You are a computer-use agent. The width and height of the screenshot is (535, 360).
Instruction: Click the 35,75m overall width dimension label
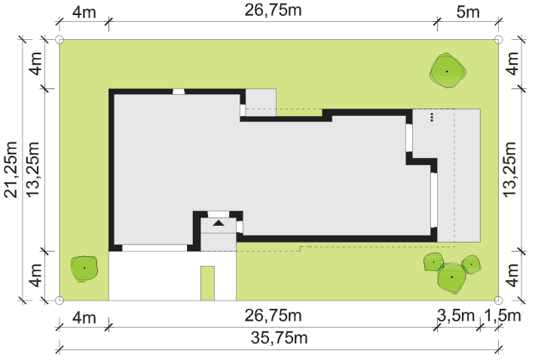[279, 338]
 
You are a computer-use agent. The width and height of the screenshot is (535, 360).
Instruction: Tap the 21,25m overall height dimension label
[11, 169]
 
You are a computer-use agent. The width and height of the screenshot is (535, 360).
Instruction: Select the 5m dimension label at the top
[468, 12]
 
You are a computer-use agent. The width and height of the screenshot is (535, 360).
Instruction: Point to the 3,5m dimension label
[456, 316]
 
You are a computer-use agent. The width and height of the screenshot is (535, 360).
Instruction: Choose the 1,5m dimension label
[503, 316]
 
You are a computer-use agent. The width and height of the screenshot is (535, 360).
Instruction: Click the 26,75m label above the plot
[273, 11]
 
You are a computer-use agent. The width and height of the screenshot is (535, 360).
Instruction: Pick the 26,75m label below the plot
[273, 316]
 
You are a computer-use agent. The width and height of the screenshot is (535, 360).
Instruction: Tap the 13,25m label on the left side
[33, 169]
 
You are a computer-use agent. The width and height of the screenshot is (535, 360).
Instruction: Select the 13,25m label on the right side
[510, 169]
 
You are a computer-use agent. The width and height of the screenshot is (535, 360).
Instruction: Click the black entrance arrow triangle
[219, 223]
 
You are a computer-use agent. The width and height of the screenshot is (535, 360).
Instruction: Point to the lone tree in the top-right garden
[448, 71]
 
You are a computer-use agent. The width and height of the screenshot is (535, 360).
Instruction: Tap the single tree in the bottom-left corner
[84, 269]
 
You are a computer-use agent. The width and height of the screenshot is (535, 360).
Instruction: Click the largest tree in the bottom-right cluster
[452, 278]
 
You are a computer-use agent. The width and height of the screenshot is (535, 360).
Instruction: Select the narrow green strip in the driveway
[207, 283]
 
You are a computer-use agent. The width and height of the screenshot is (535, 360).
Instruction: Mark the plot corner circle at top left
[60, 40]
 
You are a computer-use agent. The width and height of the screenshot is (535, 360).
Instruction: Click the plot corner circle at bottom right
[498, 301]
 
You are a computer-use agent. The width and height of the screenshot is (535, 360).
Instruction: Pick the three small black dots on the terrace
[432, 117]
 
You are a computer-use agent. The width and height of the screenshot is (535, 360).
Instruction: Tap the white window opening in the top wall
[179, 92]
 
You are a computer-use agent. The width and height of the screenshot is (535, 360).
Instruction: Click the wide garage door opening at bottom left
[154, 248]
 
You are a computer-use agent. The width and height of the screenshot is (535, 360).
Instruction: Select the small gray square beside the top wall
[261, 102]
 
